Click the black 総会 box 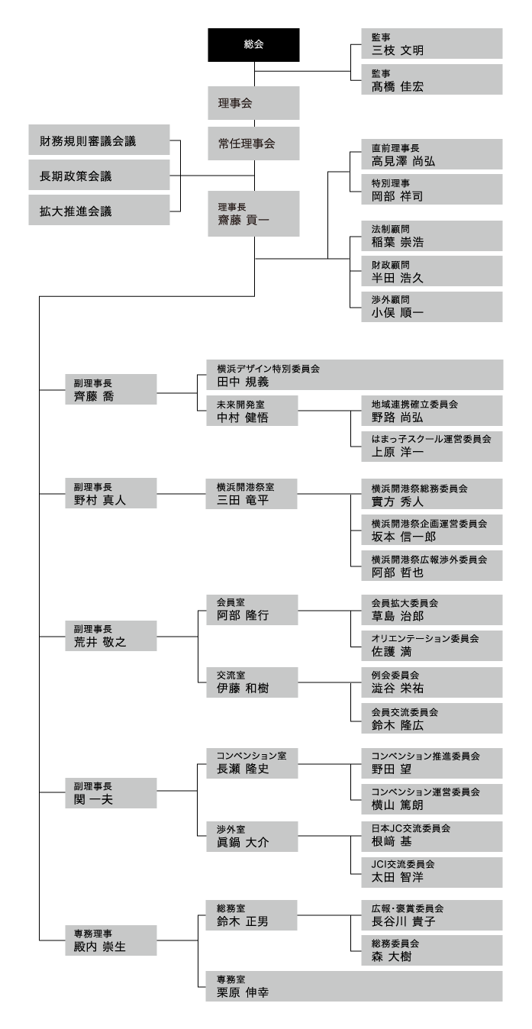(253, 44)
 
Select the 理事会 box (253, 102)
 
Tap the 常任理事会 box (253, 142)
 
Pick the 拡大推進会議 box (99, 211)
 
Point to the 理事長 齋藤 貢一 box (253, 214)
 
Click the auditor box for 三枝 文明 (432, 44)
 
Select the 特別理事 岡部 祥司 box (432, 190)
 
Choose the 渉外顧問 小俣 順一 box (432, 306)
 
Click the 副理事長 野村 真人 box (111, 493)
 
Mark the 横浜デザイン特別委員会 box (355, 375)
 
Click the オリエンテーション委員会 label (425, 637)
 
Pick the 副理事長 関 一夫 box (111, 792)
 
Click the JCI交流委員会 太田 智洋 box (432, 871)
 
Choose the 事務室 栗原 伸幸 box (355, 985)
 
